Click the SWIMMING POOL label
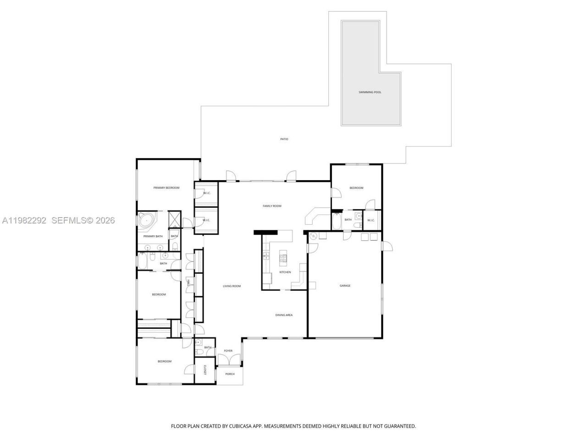(x=370, y=92)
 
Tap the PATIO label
(x=284, y=139)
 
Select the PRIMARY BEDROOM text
(x=166, y=187)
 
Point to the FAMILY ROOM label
(x=271, y=206)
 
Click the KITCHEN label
(x=285, y=272)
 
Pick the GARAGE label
(x=345, y=286)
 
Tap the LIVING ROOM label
(x=232, y=286)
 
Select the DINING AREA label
(x=284, y=315)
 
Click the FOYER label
(x=228, y=351)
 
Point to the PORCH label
(x=230, y=374)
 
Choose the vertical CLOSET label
(x=205, y=370)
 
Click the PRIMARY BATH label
(x=153, y=236)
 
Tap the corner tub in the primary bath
(x=147, y=220)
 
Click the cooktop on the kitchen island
(x=283, y=258)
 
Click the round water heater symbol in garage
(x=313, y=236)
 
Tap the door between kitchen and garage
(x=312, y=248)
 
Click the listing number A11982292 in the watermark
(x=24, y=220)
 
